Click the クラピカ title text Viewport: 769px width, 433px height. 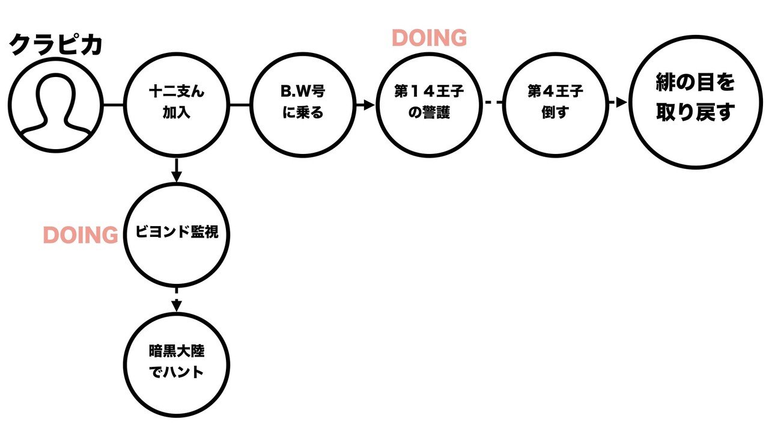point(56,46)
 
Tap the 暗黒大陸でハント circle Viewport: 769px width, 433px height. point(177,363)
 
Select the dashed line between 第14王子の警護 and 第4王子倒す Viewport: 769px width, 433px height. point(493,103)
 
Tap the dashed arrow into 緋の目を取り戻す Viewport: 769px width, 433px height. point(618,103)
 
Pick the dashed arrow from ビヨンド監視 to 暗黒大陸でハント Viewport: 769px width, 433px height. point(177,299)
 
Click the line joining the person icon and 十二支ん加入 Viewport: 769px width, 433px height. point(112,105)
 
